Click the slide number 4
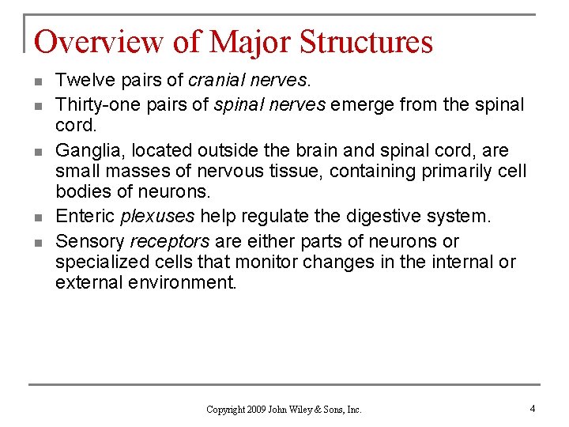[x=533, y=409]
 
